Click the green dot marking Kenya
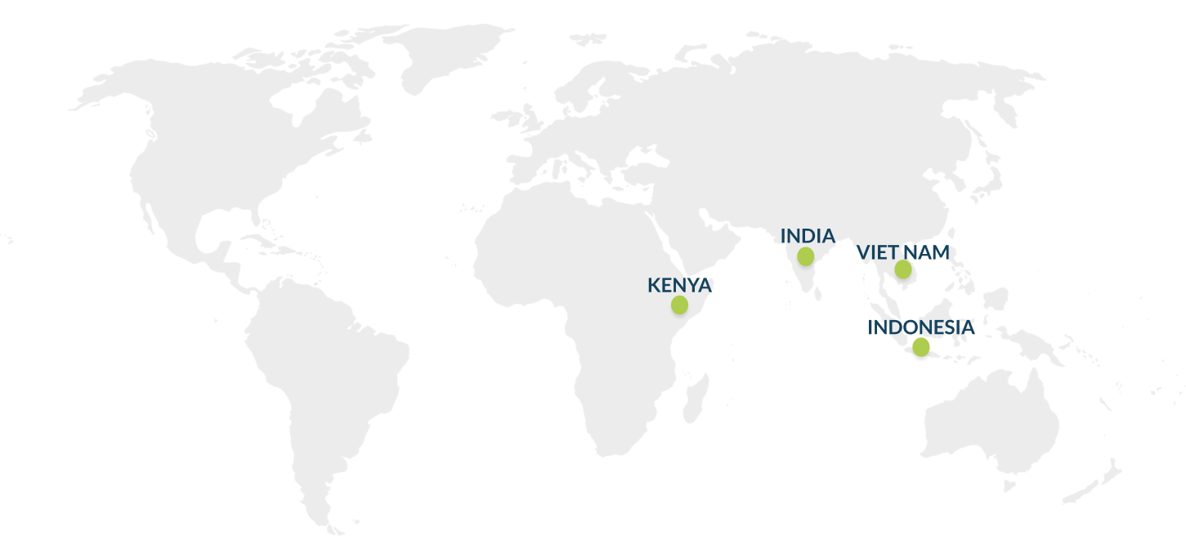(679, 305)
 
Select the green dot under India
(806, 256)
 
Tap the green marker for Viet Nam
(903, 269)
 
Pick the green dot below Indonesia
(921, 347)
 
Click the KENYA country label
(679, 285)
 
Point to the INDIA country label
(808, 236)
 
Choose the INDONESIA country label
(921, 327)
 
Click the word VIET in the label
(877, 252)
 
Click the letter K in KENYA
(653, 285)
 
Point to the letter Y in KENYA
(692, 285)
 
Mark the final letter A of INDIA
(829, 236)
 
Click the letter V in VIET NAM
(863, 252)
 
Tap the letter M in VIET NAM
(941, 252)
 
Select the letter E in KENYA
(666, 285)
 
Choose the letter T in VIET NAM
(893, 252)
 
